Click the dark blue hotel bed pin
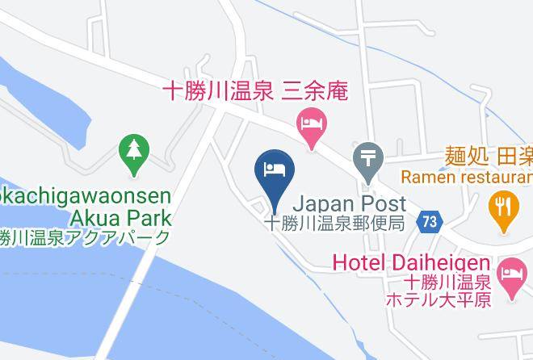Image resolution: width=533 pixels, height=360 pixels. pos(274,169)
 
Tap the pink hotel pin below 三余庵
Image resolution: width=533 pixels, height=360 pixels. pos(311,124)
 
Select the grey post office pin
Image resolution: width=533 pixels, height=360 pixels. pos(368,157)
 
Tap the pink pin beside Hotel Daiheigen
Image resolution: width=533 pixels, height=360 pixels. pos(512,270)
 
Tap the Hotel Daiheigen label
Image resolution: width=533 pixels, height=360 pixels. pos(411,263)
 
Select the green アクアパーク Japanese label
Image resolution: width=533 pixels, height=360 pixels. pos(85,237)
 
